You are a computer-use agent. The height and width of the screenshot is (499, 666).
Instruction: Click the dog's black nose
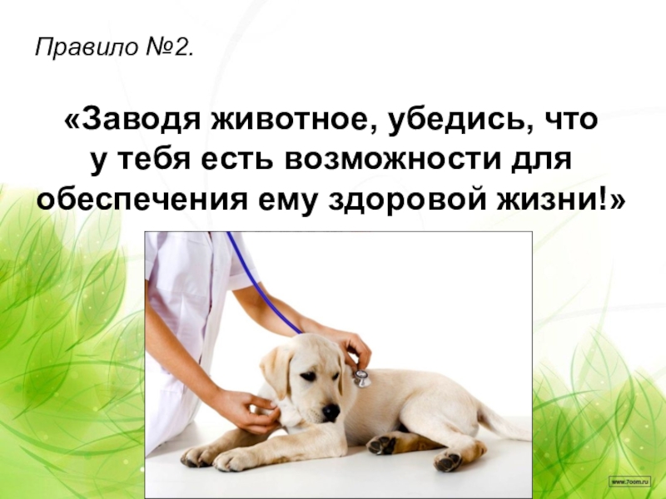click(331, 411)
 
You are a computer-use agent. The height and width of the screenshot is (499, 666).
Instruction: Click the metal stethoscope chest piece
click(361, 378)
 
